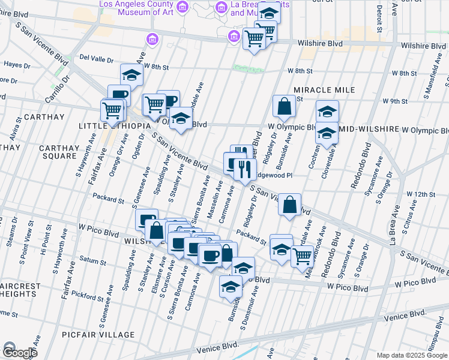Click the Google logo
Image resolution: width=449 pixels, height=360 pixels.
point(19,352)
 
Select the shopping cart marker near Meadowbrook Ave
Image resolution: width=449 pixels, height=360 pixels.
point(302,257)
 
